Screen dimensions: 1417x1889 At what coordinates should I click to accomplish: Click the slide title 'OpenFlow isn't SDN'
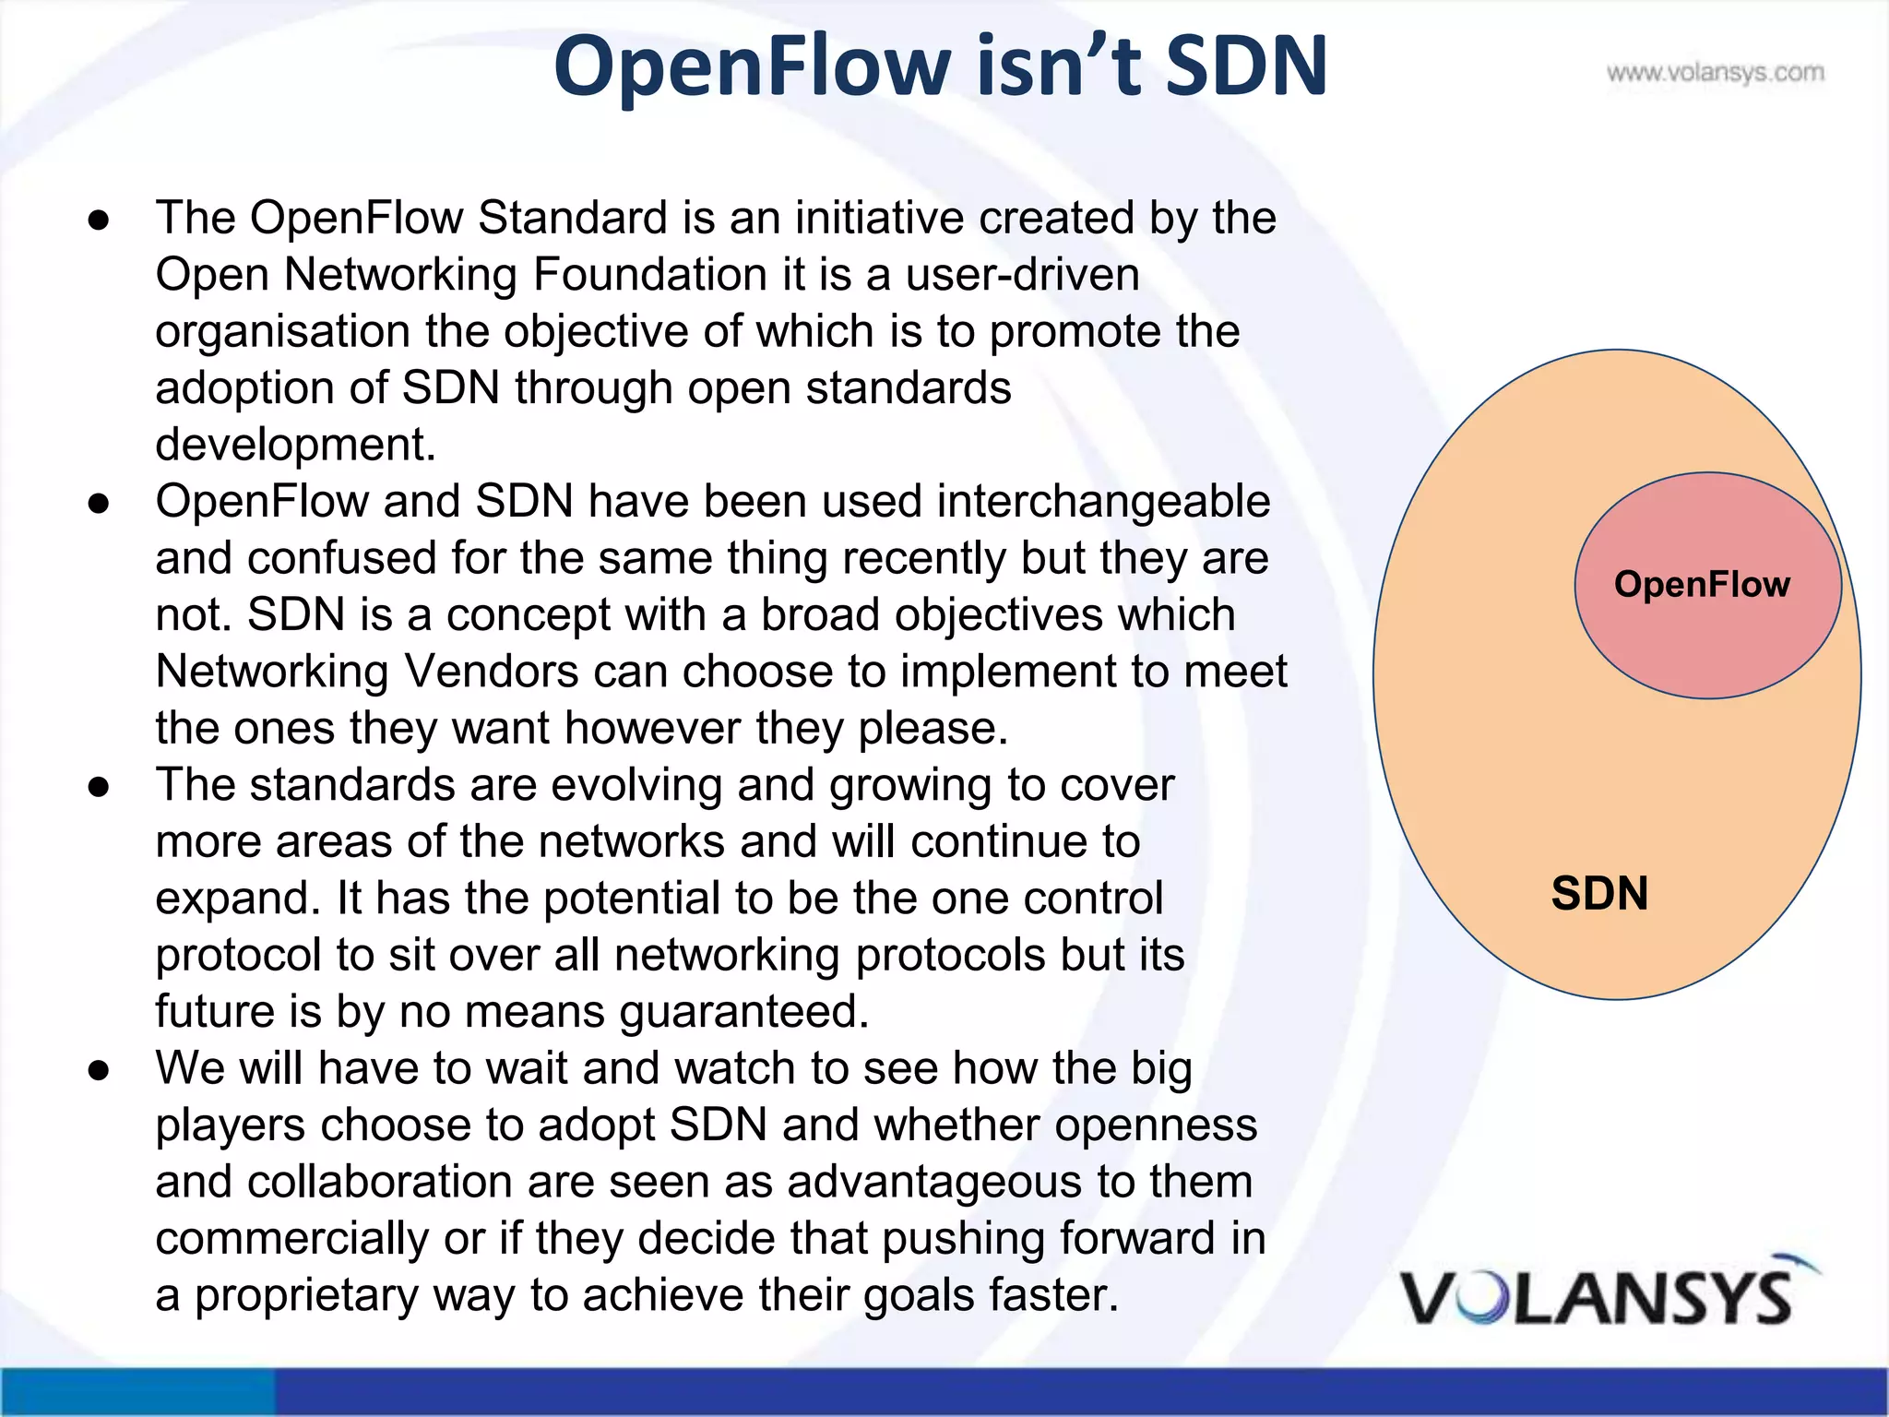click(940, 66)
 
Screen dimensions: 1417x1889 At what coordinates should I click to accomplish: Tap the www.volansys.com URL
click(1715, 72)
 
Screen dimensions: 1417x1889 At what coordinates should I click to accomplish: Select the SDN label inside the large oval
click(1599, 893)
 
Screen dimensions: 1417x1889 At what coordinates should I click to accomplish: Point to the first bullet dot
click(99, 220)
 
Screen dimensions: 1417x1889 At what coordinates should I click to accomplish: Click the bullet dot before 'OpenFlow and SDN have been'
click(99, 503)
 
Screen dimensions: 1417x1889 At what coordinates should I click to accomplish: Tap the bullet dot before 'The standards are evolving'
click(99, 786)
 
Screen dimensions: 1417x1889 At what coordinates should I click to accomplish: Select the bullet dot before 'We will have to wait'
click(99, 1069)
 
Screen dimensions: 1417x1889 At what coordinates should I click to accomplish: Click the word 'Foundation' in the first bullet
click(649, 275)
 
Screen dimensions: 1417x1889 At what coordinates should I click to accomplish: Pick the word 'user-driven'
click(1023, 275)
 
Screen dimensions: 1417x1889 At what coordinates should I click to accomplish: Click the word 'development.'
click(295, 445)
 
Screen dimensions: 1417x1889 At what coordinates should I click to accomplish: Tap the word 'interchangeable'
click(1103, 502)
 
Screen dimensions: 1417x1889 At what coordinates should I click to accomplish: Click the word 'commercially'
click(291, 1238)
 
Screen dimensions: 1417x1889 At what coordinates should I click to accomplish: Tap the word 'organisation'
click(282, 332)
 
